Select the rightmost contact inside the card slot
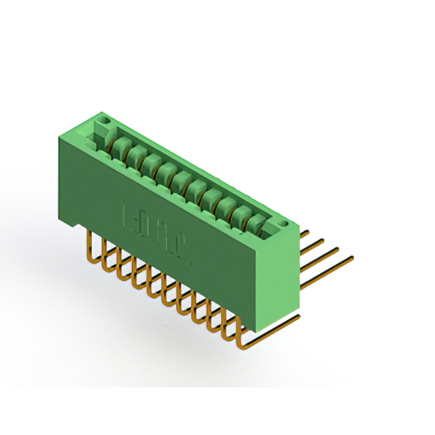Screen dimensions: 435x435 tap(257, 222)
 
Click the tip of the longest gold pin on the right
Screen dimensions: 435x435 tap(352, 258)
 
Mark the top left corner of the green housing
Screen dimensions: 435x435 tap(60, 136)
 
